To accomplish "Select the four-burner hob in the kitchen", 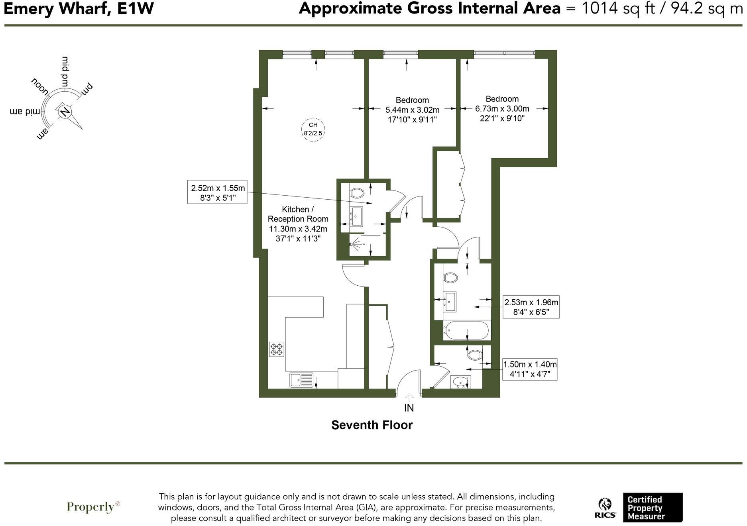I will tap(277, 349).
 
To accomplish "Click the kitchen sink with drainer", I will tap(301, 380).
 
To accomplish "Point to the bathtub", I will tap(466, 330).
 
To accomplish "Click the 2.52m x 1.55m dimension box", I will tap(217, 192).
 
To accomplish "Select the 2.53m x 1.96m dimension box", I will tap(531, 307).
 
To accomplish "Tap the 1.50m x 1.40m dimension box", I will tap(530, 369).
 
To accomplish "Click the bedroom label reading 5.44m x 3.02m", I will tap(412, 110).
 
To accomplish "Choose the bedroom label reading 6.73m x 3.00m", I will tap(502, 108).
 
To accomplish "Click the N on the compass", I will tap(64, 111).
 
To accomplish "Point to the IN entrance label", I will tap(409, 408).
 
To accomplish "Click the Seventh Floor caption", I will tap(372, 425).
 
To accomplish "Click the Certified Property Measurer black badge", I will tap(652, 507).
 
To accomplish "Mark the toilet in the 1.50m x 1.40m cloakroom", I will tap(474, 354).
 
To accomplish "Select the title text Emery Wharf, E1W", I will tap(79, 9).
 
